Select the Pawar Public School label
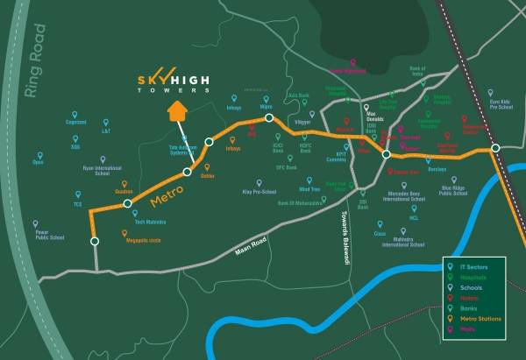click(x=50, y=235)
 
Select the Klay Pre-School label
click(x=259, y=192)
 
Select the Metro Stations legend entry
click(x=480, y=320)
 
